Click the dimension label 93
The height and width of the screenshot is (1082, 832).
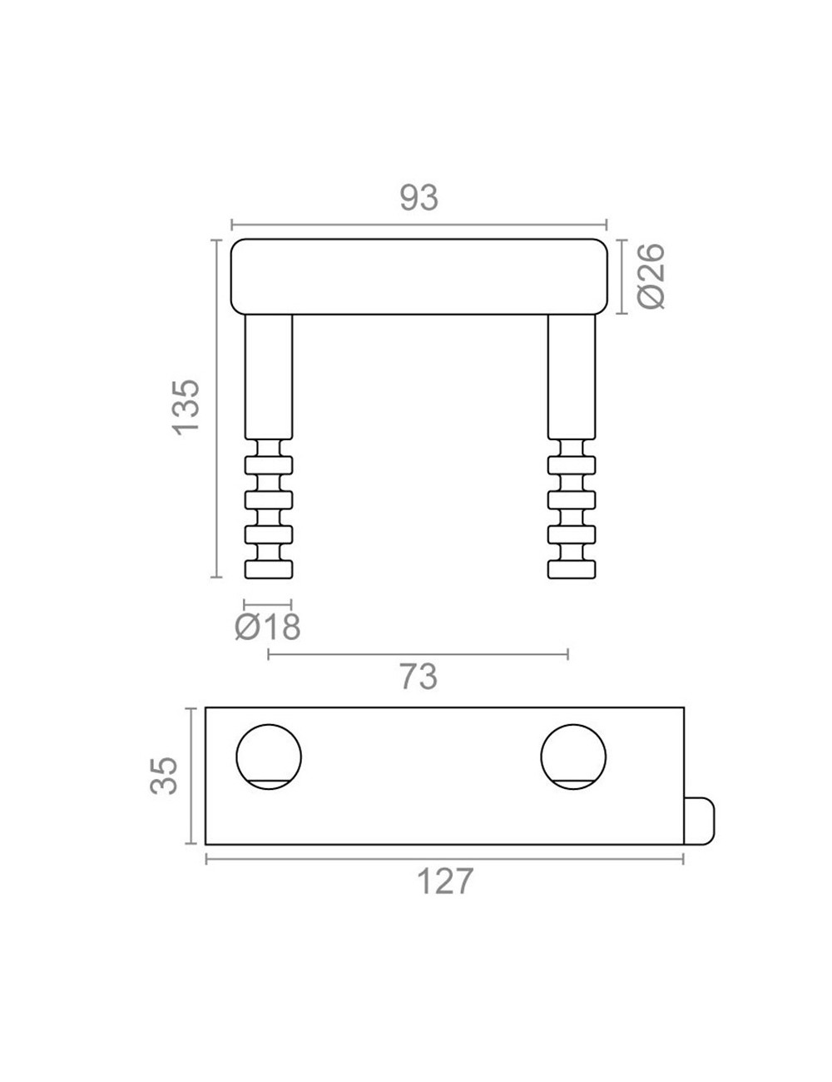click(419, 198)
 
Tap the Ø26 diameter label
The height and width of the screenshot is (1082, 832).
click(651, 277)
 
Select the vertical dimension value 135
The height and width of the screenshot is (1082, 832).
click(186, 408)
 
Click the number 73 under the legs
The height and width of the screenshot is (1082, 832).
click(418, 677)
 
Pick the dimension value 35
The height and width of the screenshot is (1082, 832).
click(164, 775)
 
